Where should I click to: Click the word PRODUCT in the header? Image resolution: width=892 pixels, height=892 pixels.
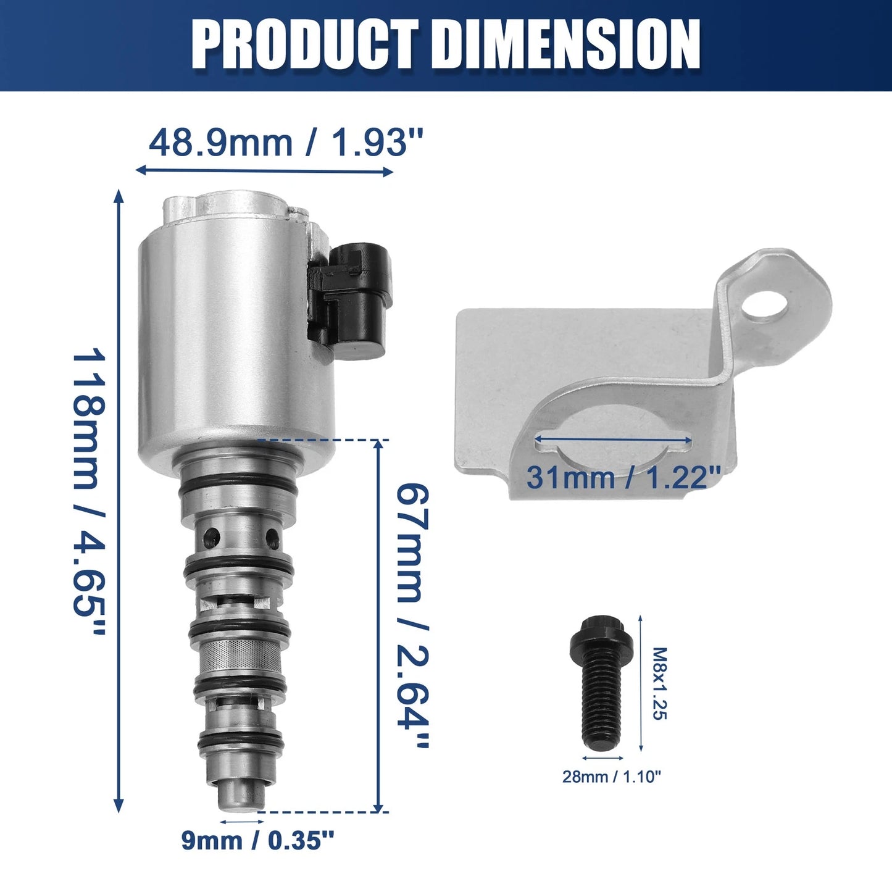click(305, 45)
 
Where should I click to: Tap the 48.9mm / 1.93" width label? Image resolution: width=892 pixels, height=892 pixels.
click(286, 143)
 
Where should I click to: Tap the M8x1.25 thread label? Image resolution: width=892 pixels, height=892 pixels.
click(660, 683)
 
